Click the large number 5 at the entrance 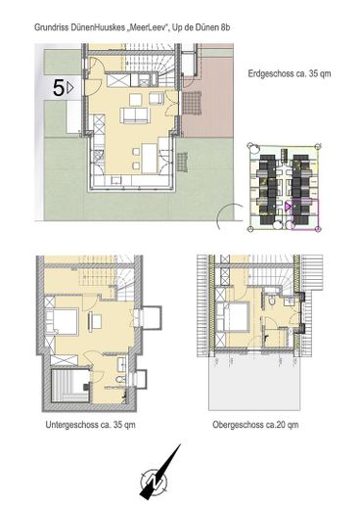(x=59, y=88)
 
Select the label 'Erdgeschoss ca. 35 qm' (x=290, y=73)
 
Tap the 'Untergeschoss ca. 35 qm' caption (x=90, y=425)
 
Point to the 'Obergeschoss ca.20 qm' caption (x=255, y=425)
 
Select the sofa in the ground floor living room (x=135, y=116)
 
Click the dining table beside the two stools (x=150, y=158)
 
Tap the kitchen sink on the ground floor (x=115, y=180)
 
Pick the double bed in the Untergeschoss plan (x=62, y=322)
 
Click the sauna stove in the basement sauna (x=87, y=386)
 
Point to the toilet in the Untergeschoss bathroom (x=120, y=379)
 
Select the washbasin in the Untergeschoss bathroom (x=122, y=364)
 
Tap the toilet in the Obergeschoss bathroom (x=272, y=301)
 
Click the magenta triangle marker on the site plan (x=288, y=207)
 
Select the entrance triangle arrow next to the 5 (x=70, y=88)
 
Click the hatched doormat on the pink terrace (x=192, y=103)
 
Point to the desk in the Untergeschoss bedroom (x=95, y=321)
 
